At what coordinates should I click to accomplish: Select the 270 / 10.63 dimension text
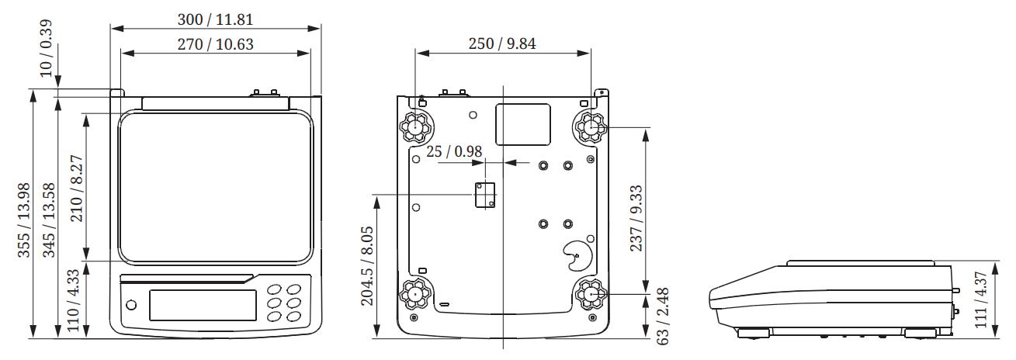[x=215, y=44]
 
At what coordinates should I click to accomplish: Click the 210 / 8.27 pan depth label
[x=76, y=187]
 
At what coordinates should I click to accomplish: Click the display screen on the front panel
[x=203, y=304]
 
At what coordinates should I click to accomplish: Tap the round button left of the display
[x=130, y=304]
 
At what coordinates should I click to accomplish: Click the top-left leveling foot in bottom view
[x=415, y=126]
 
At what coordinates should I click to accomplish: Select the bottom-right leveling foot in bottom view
[x=589, y=295]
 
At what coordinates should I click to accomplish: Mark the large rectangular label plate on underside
[x=522, y=125]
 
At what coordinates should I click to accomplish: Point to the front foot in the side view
[x=753, y=333]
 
